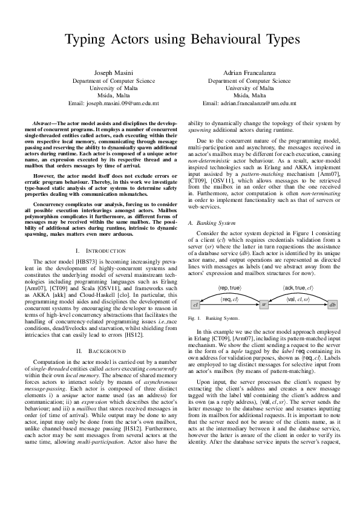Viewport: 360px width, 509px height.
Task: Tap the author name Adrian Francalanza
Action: pyautogui.click(x=249, y=73)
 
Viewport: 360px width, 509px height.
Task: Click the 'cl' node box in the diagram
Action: pyautogui.click(x=195, y=304)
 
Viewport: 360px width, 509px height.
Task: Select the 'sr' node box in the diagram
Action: pyautogui.click(x=263, y=304)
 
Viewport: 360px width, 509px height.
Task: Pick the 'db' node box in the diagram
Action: pyautogui.click(x=332, y=304)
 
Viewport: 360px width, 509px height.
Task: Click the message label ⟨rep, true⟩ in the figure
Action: pyautogui.click(x=230, y=288)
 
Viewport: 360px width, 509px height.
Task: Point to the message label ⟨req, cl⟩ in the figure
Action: pyautogui.click(x=229, y=299)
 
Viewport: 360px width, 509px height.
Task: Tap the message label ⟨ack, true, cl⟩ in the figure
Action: pyautogui.click(x=298, y=288)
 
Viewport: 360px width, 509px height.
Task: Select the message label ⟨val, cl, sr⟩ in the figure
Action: pyautogui.click(x=298, y=299)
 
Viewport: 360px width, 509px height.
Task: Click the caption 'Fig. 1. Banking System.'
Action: pyautogui.click(x=214, y=317)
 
